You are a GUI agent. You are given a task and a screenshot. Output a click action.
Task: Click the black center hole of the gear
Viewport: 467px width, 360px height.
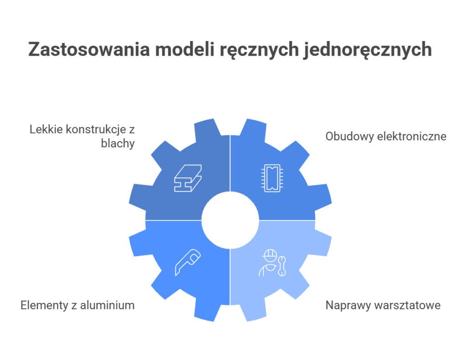pos(230,220)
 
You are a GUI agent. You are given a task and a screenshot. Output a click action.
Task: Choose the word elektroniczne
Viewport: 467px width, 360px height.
pos(411,136)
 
